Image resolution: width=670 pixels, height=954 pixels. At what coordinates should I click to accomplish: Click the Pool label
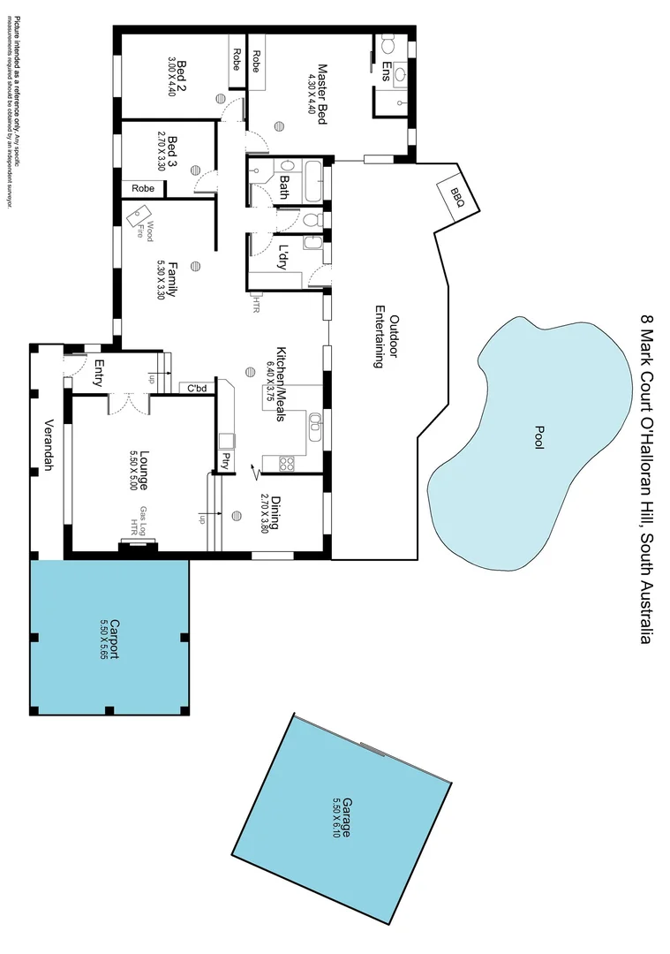point(538,438)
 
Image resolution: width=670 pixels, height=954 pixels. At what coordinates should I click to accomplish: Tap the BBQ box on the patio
point(456,193)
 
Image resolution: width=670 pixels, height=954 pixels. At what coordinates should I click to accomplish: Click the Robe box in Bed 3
point(143,188)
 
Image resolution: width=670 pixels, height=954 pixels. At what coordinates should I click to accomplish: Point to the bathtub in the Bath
point(312,184)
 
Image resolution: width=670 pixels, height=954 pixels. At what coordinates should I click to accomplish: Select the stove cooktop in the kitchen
point(286,462)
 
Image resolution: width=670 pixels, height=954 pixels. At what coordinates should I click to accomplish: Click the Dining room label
point(275,511)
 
